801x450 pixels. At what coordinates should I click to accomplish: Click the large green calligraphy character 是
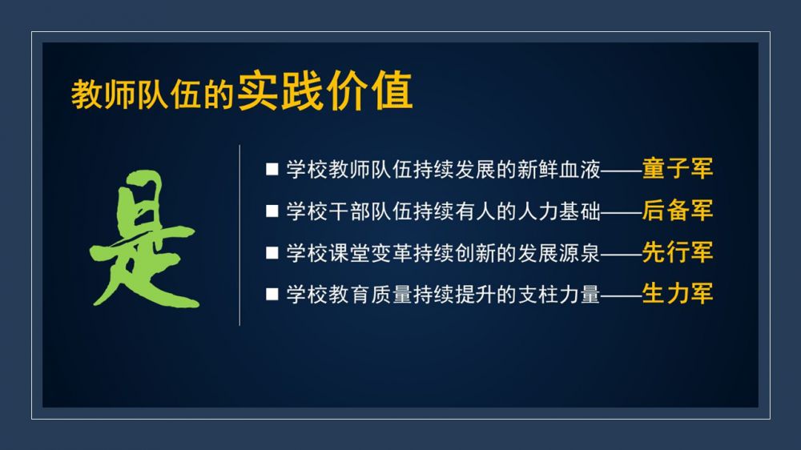144,239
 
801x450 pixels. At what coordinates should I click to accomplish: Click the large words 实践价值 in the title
325,91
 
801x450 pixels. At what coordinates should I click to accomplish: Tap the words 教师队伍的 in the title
152,94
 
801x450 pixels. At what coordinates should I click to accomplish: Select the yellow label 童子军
678,169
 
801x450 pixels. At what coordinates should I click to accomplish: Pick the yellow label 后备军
678,211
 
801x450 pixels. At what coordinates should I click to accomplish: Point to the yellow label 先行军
678,252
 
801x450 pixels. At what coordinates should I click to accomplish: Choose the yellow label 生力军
678,294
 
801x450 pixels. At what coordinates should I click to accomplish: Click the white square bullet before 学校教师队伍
272,170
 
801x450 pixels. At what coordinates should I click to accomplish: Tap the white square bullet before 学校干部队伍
272,211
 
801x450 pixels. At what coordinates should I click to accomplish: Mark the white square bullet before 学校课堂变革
272,253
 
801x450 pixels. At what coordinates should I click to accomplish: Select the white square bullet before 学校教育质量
272,294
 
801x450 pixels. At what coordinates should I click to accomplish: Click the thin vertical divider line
239,235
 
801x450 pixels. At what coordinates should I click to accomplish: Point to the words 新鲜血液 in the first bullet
558,169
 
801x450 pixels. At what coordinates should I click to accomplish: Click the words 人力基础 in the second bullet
558,211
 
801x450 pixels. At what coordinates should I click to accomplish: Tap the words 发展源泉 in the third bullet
558,253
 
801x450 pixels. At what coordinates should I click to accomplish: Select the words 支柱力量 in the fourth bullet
558,294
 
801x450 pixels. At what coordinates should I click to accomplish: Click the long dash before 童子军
622,170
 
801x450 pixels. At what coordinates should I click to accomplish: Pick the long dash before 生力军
622,295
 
